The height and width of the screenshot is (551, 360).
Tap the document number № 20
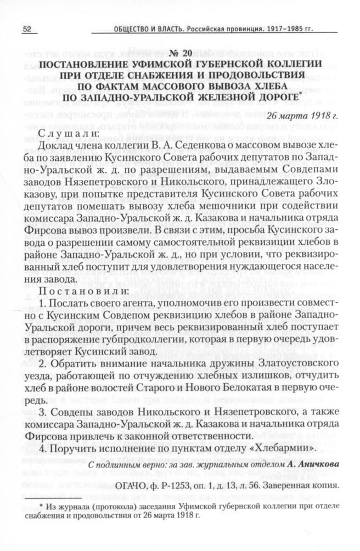tap(181, 53)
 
